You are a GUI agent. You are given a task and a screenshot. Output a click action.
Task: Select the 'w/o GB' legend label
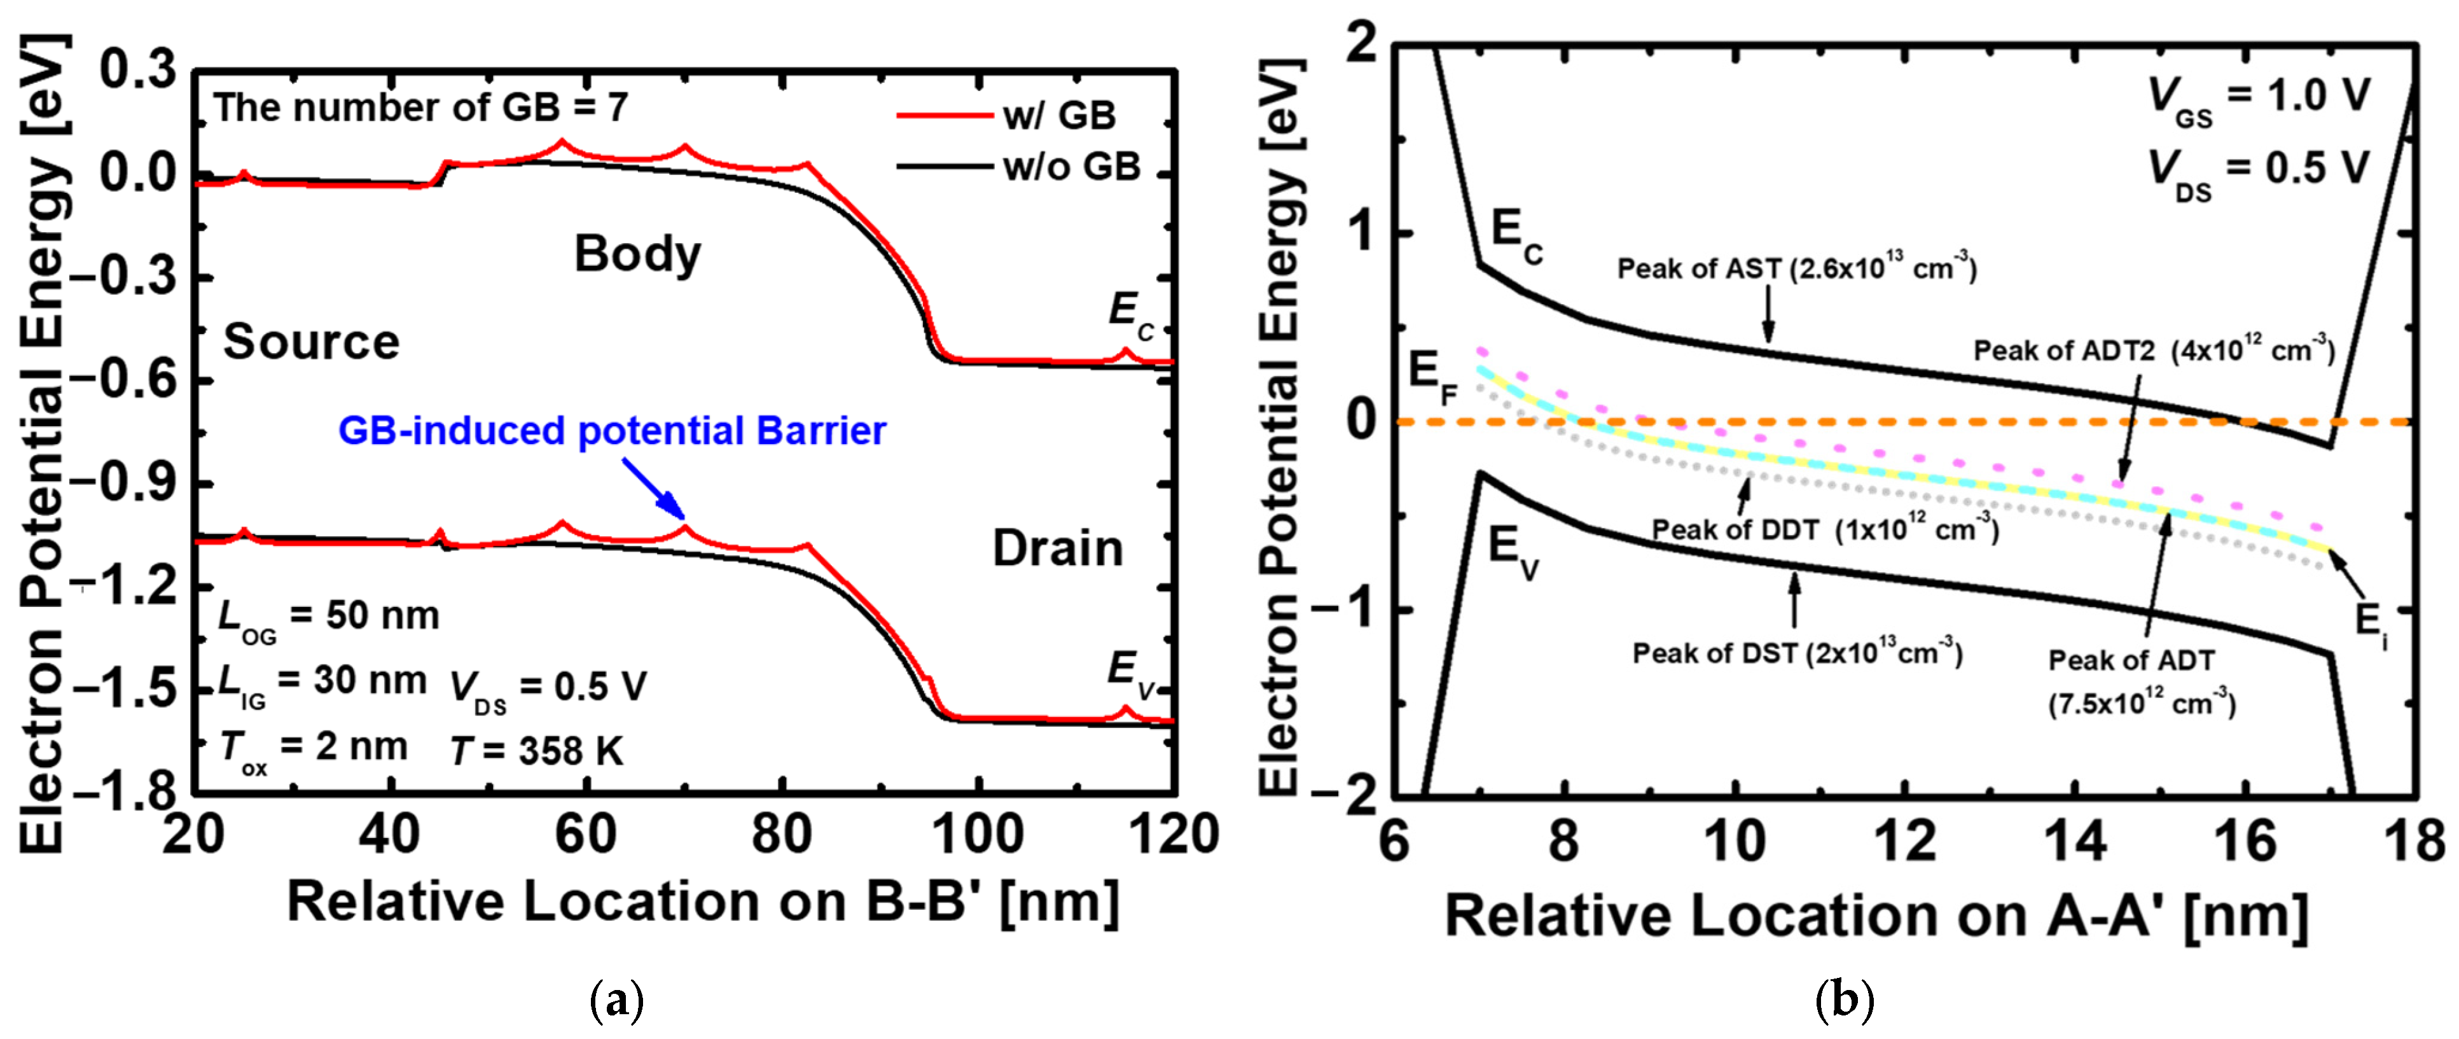(x=1071, y=167)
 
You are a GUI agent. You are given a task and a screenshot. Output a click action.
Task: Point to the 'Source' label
(x=311, y=342)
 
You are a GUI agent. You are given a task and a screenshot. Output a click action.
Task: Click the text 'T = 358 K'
(x=536, y=751)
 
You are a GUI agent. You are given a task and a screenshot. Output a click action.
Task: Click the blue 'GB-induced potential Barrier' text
(x=612, y=431)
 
